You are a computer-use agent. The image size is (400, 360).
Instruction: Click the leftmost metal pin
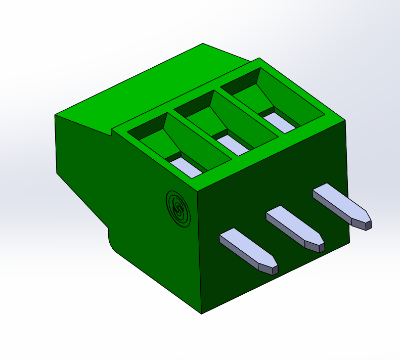coord(243,245)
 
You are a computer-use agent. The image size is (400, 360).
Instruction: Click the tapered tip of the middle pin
coord(315,241)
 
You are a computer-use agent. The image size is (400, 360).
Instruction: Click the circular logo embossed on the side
coord(178,207)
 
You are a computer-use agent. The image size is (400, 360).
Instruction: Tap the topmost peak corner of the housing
coord(203,44)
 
